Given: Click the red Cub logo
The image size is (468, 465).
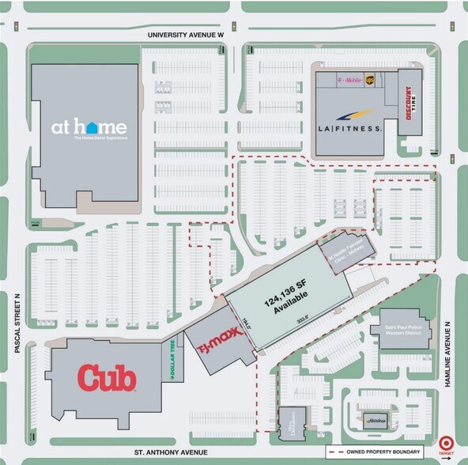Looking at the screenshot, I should tap(108, 377).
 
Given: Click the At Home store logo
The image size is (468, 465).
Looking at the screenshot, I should tap(89, 127).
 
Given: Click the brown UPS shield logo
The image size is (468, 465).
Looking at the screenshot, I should tap(380, 79).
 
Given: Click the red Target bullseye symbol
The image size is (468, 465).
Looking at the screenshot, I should tap(447, 445).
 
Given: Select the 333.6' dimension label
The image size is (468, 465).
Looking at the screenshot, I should tap(301, 321).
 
